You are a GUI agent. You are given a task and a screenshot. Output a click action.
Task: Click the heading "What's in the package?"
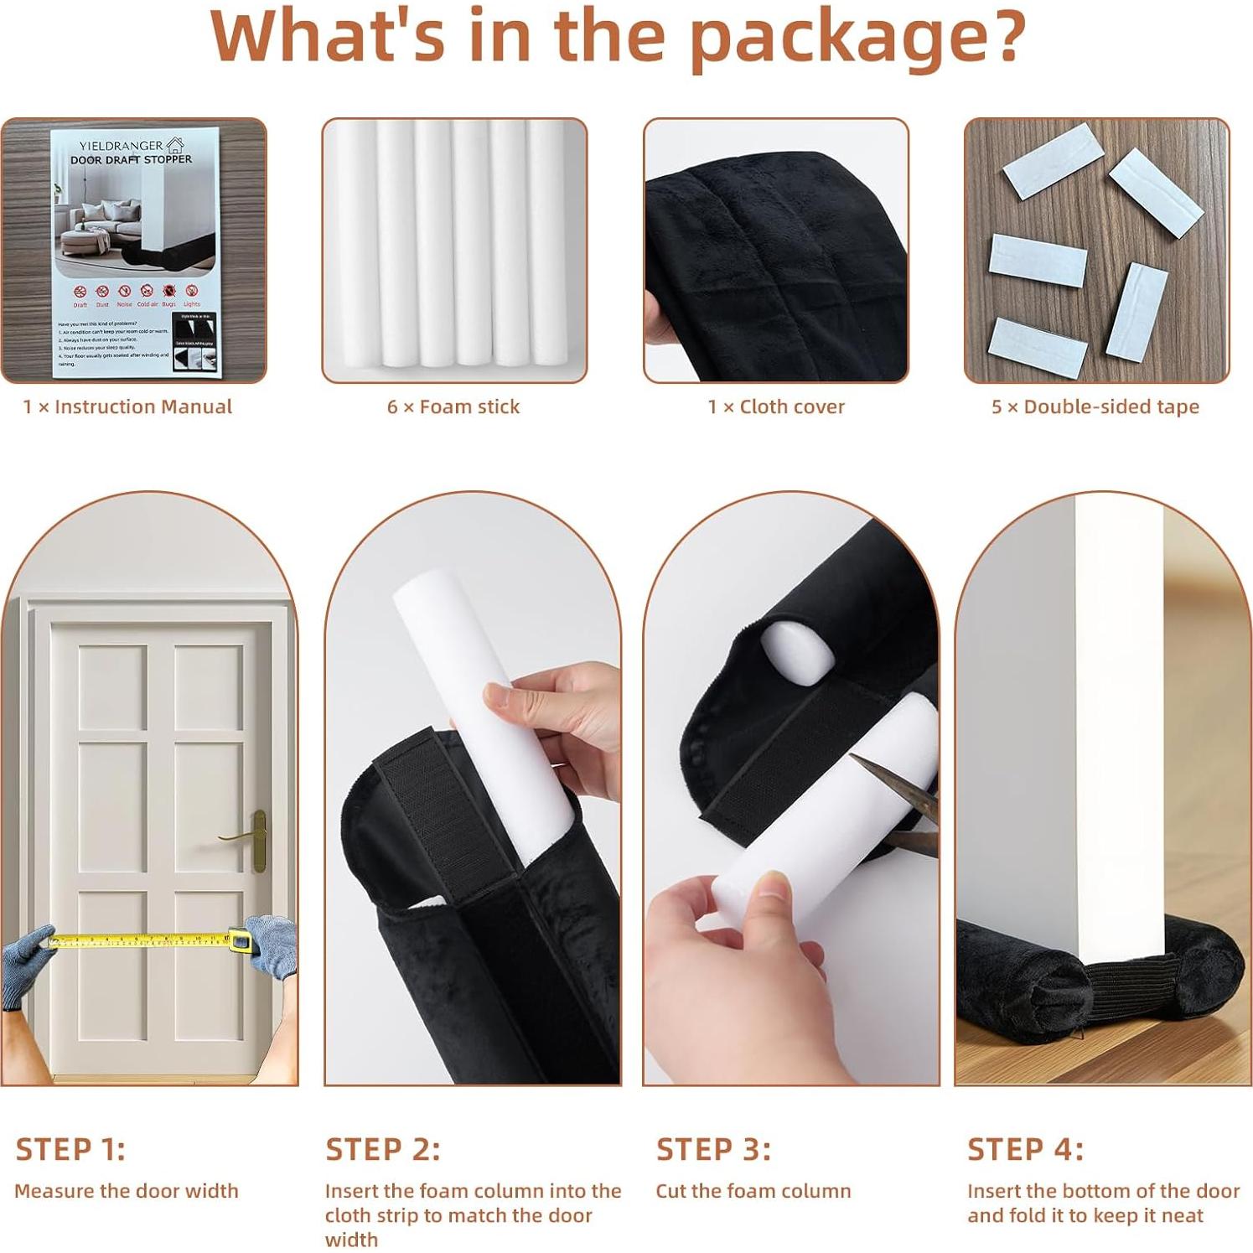[x=618, y=37]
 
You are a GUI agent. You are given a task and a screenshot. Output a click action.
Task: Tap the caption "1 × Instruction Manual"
[x=127, y=407]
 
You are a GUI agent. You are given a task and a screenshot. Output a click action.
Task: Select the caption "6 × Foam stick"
[x=453, y=407]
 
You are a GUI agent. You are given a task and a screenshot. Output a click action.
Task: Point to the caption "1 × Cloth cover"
[x=776, y=407]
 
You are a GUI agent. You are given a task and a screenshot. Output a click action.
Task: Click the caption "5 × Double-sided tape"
[x=1095, y=407]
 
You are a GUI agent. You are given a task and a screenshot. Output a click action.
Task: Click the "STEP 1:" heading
[x=70, y=1149]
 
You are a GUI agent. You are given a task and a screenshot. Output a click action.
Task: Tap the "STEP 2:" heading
[x=383, y=1149]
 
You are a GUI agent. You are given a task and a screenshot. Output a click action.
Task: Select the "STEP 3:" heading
[x=713, y=1149]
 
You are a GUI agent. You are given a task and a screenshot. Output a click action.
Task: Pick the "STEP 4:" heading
[x=1025, y=1149]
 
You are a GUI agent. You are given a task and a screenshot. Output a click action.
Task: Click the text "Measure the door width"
[x=127, y=1191]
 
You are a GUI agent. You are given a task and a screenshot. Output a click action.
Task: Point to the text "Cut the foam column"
[x=753, y=1191]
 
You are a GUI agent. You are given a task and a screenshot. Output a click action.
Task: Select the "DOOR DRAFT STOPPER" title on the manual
[x=131, y=159]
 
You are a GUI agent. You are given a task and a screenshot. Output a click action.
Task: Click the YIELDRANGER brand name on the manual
[x=121, y=146]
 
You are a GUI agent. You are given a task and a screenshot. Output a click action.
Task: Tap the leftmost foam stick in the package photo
[x=354, y=243]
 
